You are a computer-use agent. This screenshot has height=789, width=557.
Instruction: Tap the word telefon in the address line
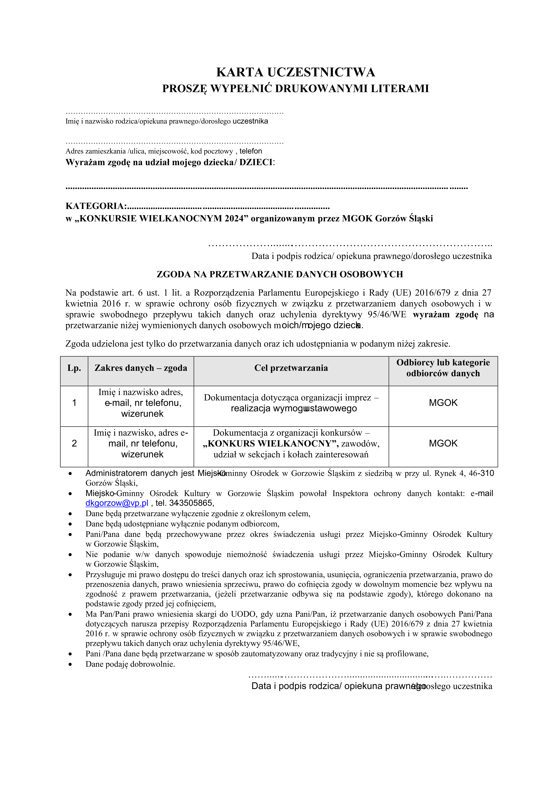click(x=251, y=151)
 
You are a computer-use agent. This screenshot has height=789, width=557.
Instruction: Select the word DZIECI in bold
click(x=255, y=163)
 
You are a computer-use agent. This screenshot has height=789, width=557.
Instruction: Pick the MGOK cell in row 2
click(x=443, y=443)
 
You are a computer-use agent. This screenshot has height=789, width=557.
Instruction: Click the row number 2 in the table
click(x=74, y=443)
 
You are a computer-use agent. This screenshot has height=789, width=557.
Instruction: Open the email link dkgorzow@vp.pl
click(x=117, y=503)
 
